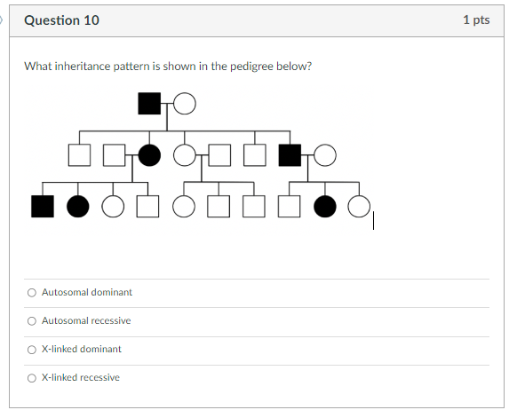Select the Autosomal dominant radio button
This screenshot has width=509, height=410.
[x=32, y=292]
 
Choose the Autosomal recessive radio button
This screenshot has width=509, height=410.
[x=32, y=320]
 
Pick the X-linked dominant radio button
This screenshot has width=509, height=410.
[x=32, y=349]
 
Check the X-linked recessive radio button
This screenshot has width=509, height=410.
[x=32, y=377]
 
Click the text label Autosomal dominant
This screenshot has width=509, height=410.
[x=86, y=292]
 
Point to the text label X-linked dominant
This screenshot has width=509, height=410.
[x=81, y=349]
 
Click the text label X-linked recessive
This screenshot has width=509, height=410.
[x=80, y=377]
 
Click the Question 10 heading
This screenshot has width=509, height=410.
[x=62, y=20]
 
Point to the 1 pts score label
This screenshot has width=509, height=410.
[x=476, y=20]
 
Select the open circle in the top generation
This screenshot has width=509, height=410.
[x=184, y=104]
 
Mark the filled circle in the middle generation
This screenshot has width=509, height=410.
[x=149, y=155]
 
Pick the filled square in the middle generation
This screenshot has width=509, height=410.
[x=290, y=155]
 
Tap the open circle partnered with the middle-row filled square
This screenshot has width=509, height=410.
[x=325, y=155]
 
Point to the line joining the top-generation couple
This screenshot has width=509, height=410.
[x=167, y=104]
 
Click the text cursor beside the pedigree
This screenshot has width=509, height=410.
[x=374, y=220]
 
